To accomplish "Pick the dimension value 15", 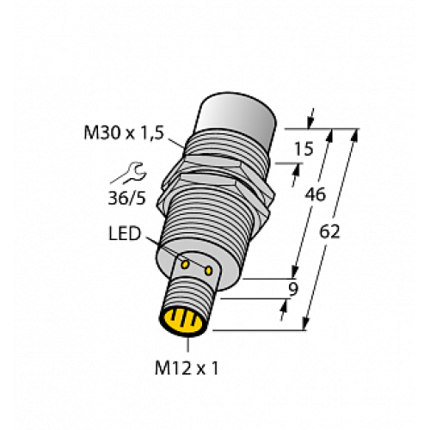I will pyautogui.click(x=303, y=150).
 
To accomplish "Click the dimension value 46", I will pyautogui.click(x=316, y=195).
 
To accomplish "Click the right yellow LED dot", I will pyautogui.click(x=208, y=271).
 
